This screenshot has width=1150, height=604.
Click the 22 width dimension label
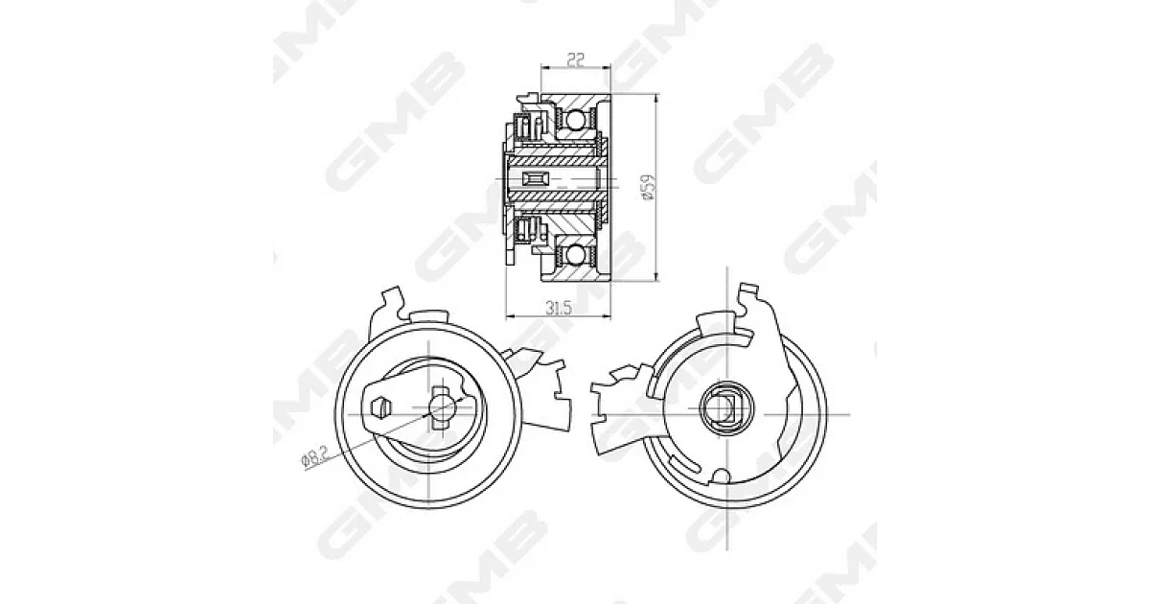click(x=576, y=60)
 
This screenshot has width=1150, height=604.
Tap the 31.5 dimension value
click(x=559, y=308)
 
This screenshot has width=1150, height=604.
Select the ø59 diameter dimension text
click(x=650, y=187)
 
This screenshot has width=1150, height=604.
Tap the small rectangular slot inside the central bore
click(x=535, y=178)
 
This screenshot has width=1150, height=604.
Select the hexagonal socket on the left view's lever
click(x=381, y=407)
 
